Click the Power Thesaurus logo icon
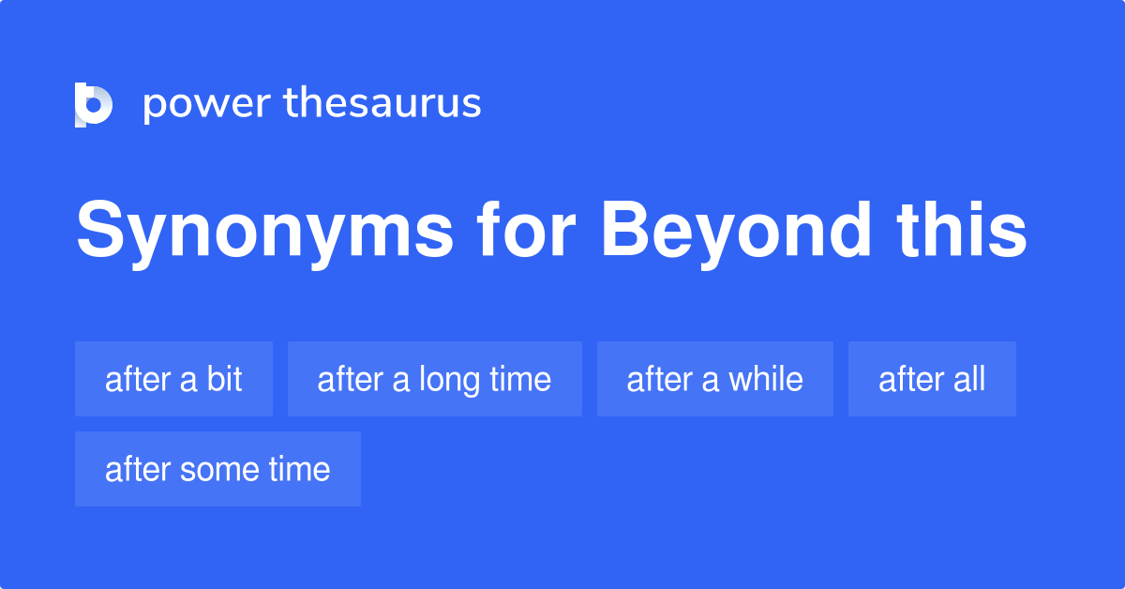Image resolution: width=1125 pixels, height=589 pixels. pyautogui.click(x=94, y=104)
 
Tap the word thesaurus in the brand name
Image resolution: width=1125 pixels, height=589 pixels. pyautogui.click(x=382, y=104)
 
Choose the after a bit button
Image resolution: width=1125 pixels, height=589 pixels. pyautogui.click(x=173, y=379)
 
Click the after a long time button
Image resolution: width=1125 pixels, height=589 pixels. pyautogui.click(x=434, y=379)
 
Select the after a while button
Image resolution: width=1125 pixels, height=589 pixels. pyautogui.click(x=714, y=379)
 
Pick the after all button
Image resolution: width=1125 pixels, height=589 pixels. pyautogui.click(x=932, y=379)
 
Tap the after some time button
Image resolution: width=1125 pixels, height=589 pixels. pyautogui.click(x=217, y=469)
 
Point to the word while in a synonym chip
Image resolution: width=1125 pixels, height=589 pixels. pyautogui.click(x=766, y=379)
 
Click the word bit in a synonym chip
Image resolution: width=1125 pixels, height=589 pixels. pyautogui.click(x=225, y=379)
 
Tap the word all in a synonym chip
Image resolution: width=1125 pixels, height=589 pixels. pyautogui.click(x=968, y=379)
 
